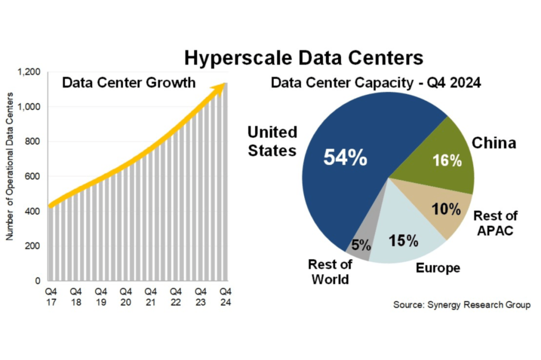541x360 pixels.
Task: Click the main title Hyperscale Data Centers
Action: (303, 58)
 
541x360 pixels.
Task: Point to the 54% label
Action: (346, 158)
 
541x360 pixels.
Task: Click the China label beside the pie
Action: (493, 143)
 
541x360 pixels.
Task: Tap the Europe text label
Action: (438, 268)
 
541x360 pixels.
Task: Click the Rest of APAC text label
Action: (495, 223)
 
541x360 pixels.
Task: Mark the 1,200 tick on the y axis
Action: (31, 72)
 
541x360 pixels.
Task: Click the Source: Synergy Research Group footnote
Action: (461, 305)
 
